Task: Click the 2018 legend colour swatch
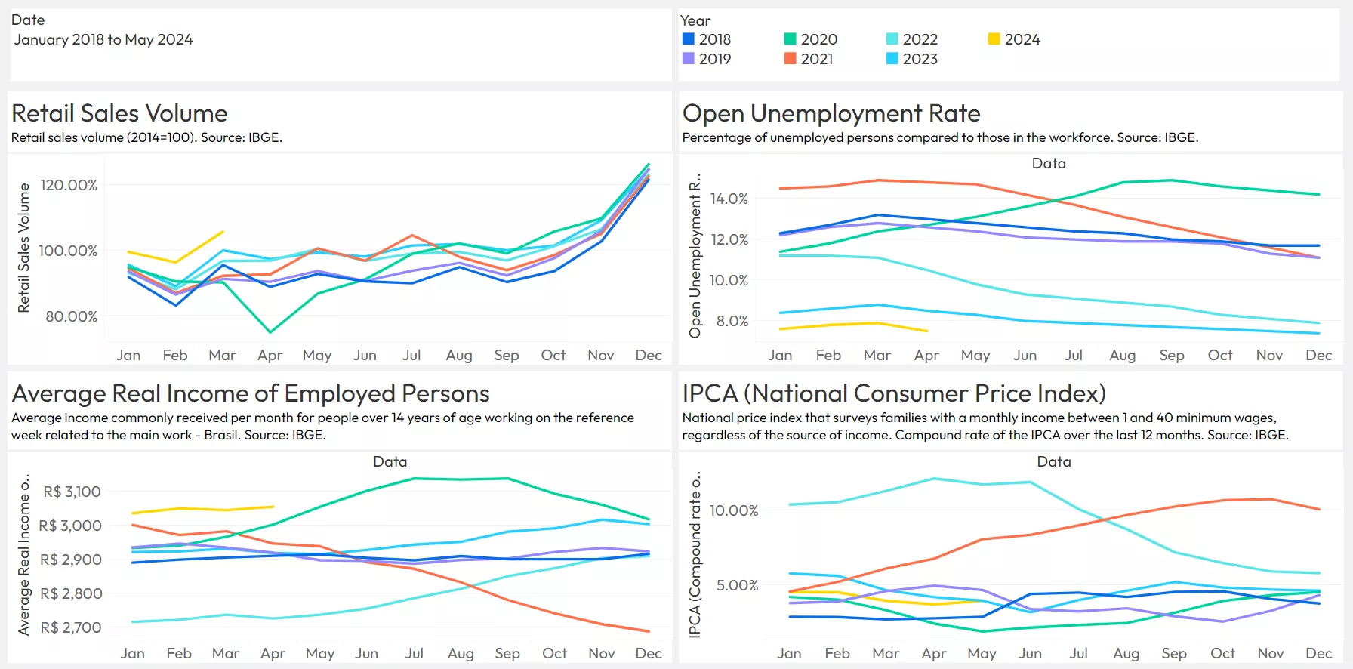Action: pyautogui.click(x=689, y=39)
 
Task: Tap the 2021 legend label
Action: pyautogui.click(x=817, y=59)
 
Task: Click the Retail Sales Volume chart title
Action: pyautogui.click(x=119, y=113)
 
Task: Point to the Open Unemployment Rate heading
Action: pyautogui.click(x=831, y=113)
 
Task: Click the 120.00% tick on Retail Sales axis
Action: pyautogui.click(x=69, y=185)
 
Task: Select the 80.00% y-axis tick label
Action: pyautogui.click(x=71, y=316)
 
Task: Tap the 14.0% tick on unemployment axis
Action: pyautogui.click(x=729, y=199)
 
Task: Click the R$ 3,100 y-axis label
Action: pyautogui.click(x=72, y=492)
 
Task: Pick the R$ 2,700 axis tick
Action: pyautogui.click(x=70, y=627)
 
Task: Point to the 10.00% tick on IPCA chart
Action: pyautogui.click(x=734, y=510)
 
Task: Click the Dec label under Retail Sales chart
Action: pyautogui.click(x=649, y=355)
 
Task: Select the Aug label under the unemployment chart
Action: pyautogui.click(x=1122, y=355)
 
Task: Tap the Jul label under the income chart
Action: pyautogui.click(x=414, y=653)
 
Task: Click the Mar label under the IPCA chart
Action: pyautogui.click(x=886, y=653)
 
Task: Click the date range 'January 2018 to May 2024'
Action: pyautogui.click(x=103, y=39)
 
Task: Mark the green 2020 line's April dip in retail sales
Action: pyautogui.click(x=270, y=332)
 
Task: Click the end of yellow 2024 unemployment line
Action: pyautogui.click(x=927, y=331)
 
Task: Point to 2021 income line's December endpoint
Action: pyautogui.click(x=649, y=631)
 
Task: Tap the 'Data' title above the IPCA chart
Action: pyautogui.click(x=1054, y=461)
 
